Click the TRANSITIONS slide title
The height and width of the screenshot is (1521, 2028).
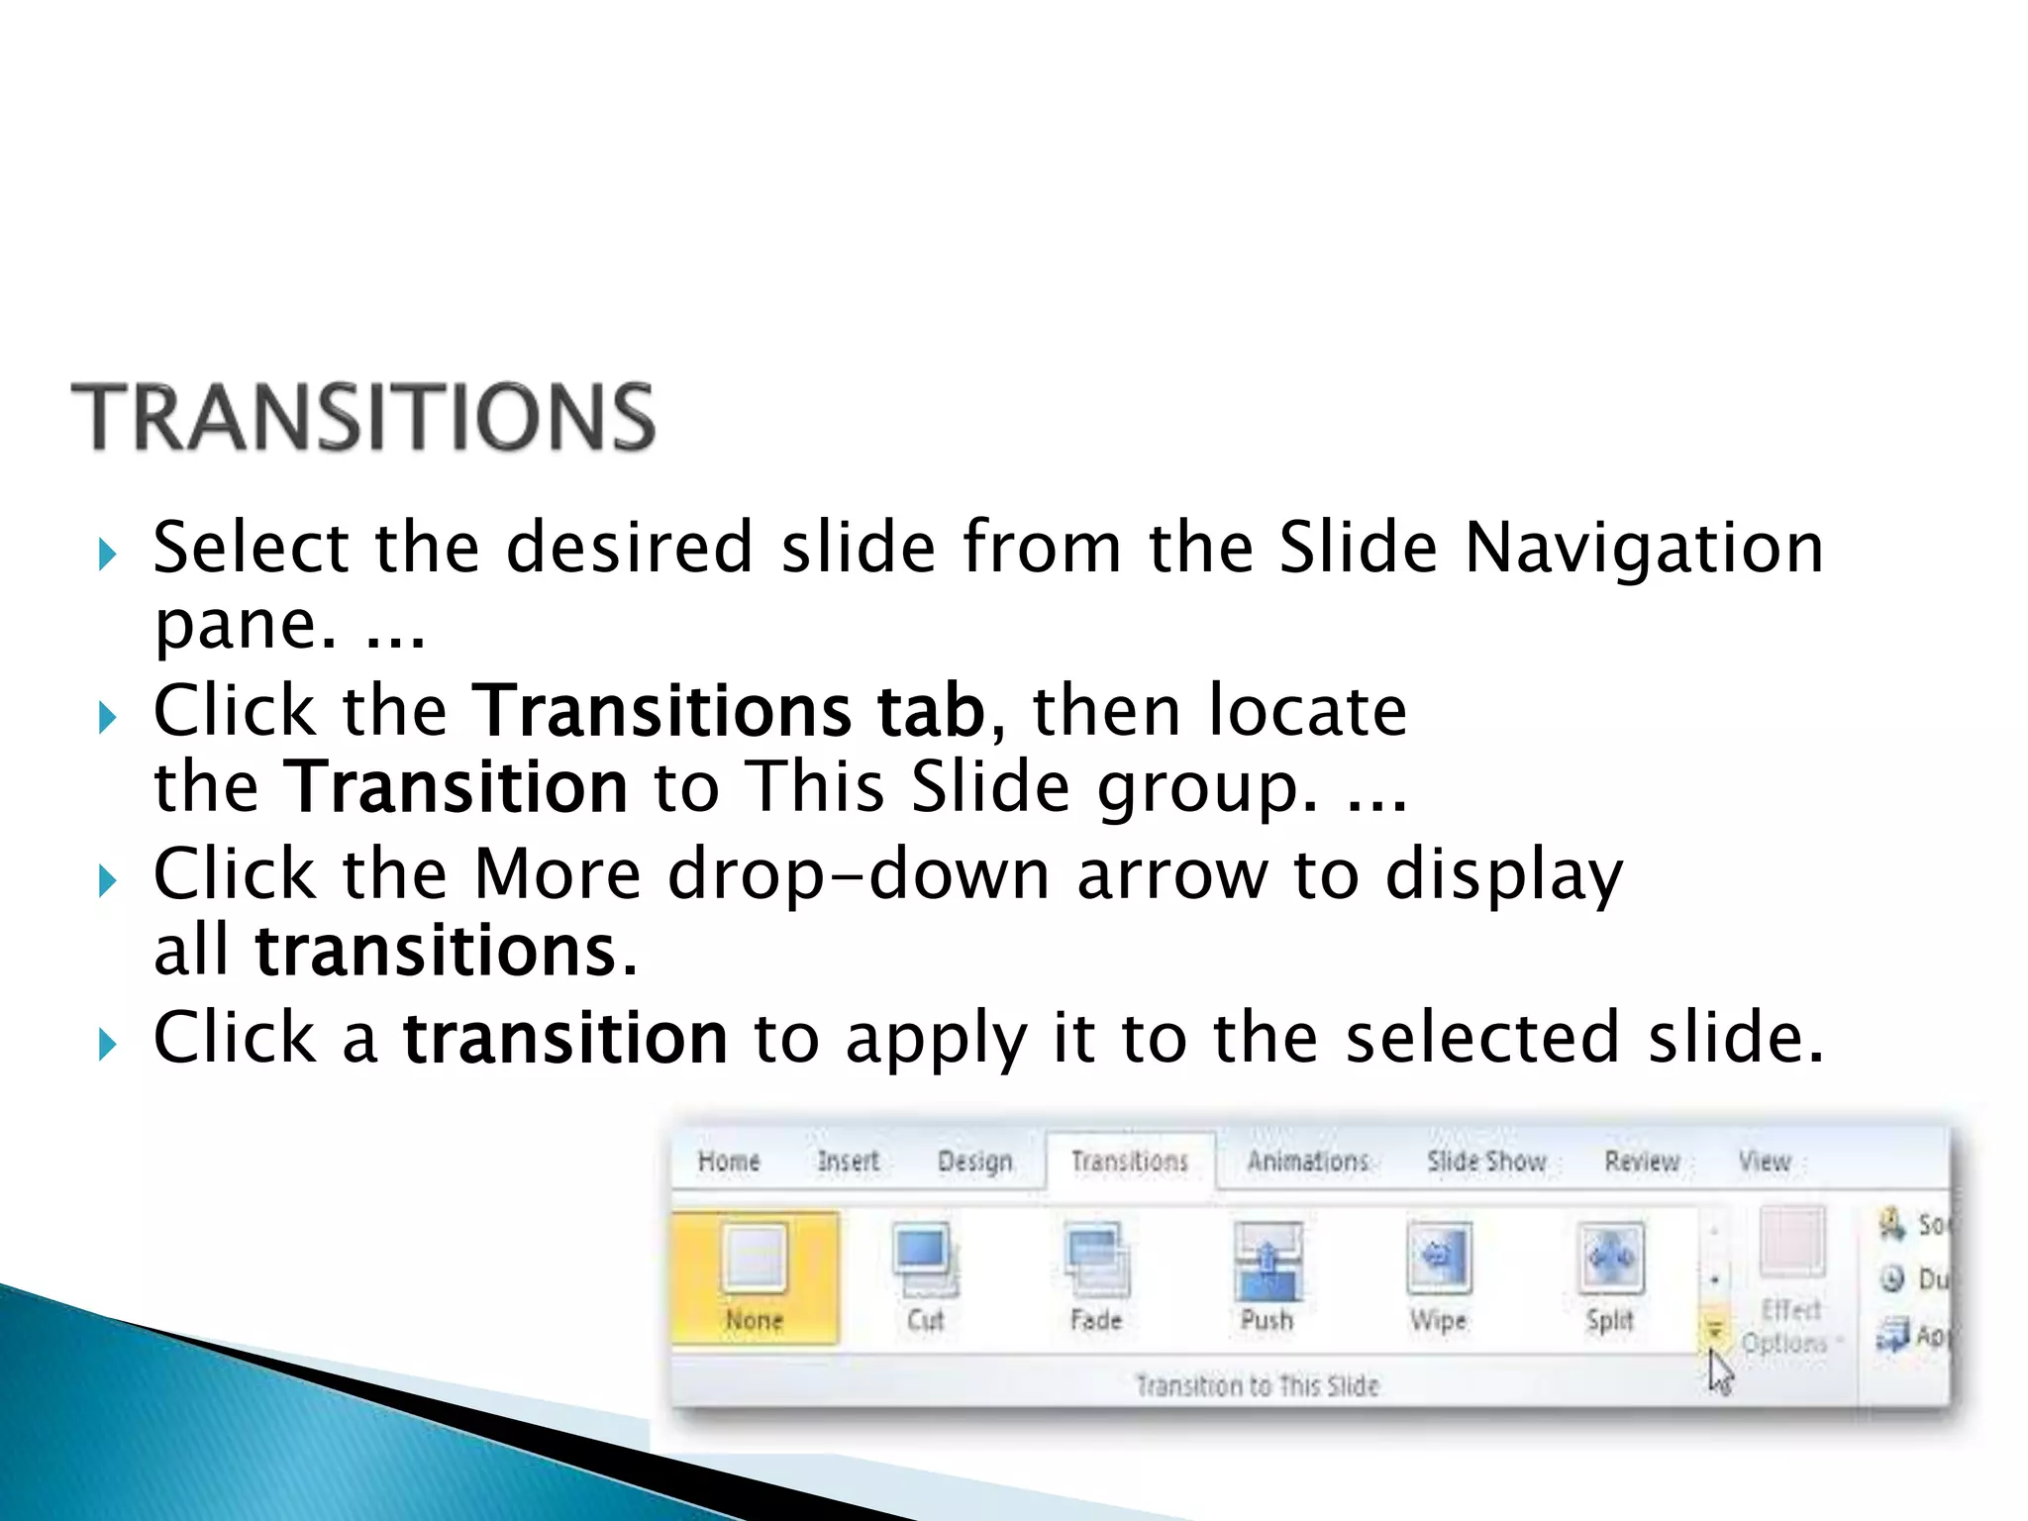[362, 418]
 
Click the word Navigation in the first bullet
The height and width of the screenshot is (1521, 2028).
[1644, 548]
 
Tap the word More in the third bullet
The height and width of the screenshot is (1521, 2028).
[558, 874]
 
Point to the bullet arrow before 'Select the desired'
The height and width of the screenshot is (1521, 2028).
[107, 554]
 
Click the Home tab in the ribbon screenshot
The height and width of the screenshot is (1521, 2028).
[729, 1161]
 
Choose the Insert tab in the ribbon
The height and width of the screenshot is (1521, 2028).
[849, 1161]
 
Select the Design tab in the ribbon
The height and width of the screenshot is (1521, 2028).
[974, 1161]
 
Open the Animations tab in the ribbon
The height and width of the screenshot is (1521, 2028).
[1307, 1161]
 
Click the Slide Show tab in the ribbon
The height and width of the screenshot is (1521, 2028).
[1486, 1161]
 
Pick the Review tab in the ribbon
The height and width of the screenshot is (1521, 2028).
[1642, 1161]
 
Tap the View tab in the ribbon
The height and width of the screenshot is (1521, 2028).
[1765, 1161]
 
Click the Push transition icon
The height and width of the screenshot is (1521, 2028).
[1267, 1260]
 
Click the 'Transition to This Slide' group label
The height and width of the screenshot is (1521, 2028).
[1257, 1385]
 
